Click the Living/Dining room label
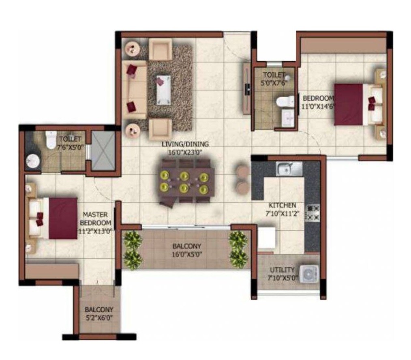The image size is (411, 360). tap(185, 144)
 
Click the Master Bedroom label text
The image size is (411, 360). tap(95, 218)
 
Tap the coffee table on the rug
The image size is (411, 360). tap(163, 90)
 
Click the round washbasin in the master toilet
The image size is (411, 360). tap(32, 162)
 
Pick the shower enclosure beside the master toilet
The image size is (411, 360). tap(101, 150)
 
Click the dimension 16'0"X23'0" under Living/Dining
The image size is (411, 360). tap(185, 152)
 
